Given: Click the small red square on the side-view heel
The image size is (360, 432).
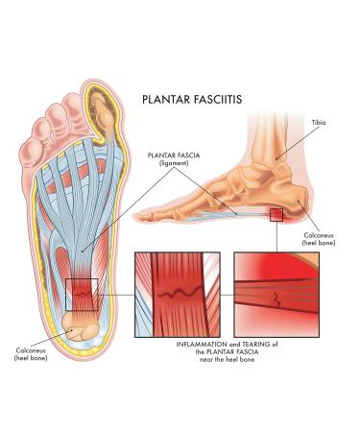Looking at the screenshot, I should point(276,215).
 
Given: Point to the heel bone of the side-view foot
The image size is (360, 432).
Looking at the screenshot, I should point(294,207).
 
